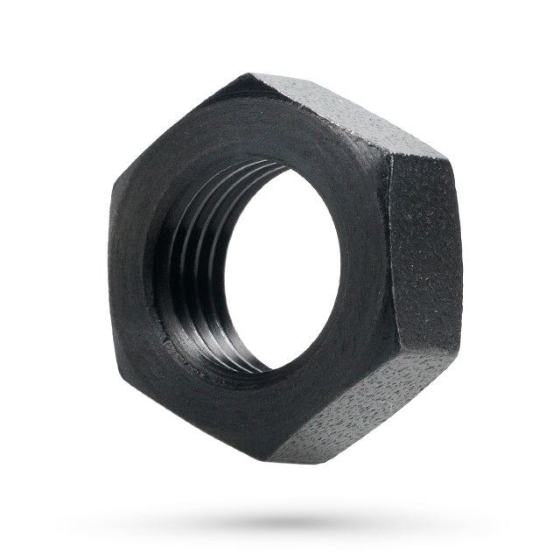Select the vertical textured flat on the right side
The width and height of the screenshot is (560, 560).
tap(424, 254)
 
